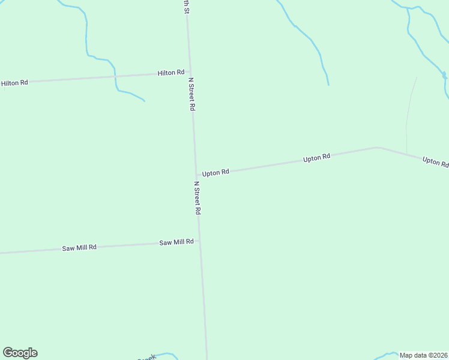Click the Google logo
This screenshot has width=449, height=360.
(20, 353)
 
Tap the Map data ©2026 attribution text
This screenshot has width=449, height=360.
(423, 355)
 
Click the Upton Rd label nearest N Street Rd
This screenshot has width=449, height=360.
(215, 173)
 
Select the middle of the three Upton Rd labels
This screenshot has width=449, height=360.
(316, 158)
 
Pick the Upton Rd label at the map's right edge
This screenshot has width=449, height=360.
(435, 162)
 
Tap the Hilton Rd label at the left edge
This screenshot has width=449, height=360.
(14, 83)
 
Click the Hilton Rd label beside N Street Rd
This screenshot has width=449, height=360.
(170, 73)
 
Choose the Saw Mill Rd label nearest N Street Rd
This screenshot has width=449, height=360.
(176, 242)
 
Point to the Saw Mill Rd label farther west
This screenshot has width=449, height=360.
(79, 248)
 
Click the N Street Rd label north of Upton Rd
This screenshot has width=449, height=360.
(192, 94)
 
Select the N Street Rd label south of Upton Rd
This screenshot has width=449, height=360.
(197, 198)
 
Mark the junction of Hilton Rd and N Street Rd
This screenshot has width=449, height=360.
(190, 73)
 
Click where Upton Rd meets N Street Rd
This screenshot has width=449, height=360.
(196, 175)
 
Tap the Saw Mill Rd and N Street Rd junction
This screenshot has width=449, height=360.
(199, 241)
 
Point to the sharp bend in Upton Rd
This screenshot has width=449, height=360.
(377, 147)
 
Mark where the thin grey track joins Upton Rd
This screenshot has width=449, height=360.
(406, 154)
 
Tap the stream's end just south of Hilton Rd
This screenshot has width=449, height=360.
(144, 100)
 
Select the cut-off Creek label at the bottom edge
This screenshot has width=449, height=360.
(147, 358)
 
